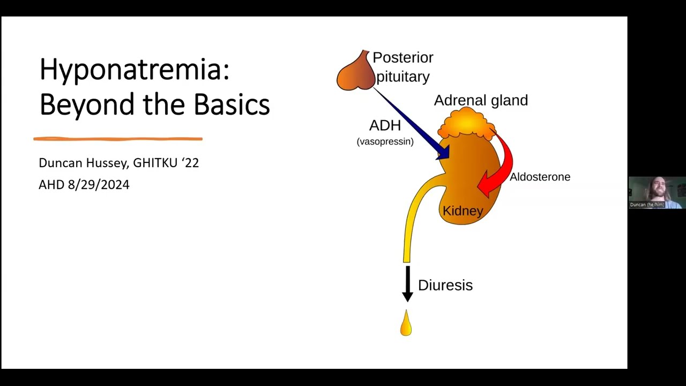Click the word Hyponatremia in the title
(134, 70)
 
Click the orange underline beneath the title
(118, 139)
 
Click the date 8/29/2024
(99, 185)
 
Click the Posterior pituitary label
(403, 67)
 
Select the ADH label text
(385, 125)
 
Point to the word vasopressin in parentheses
(385, 142)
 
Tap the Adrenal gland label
(481, 100)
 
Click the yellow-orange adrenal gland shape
(466, 124)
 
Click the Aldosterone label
(540, 177)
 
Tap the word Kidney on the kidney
(463, 211)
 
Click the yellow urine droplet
(406, 324)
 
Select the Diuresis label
(445, 285)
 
